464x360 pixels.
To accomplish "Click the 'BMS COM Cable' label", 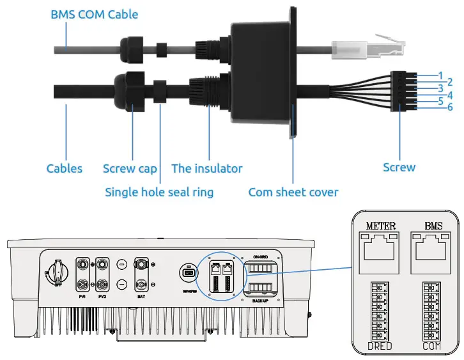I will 94,13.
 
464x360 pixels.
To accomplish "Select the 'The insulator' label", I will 206,169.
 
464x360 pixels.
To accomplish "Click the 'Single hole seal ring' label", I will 159,192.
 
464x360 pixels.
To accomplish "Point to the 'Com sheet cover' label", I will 293,192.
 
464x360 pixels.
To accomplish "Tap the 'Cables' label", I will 65,169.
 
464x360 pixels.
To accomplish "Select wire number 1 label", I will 440,75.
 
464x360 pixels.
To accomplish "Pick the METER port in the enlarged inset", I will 380,246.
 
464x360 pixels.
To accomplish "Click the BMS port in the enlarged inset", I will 433,246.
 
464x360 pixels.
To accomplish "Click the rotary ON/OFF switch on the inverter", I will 57,272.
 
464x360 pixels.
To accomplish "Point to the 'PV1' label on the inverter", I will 82,297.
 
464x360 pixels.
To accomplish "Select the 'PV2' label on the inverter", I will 102,297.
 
